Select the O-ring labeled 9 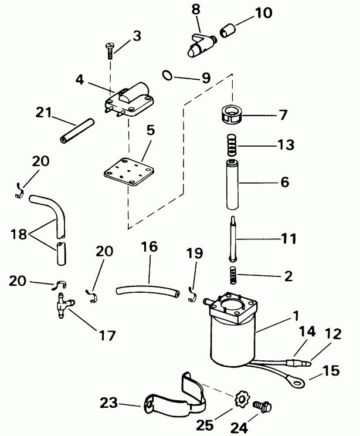click(167, 75)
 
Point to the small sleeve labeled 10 click(227, 27)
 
